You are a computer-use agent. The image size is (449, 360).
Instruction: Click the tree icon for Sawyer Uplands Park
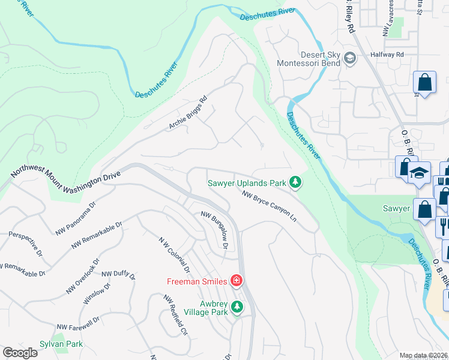[x=295, y=182]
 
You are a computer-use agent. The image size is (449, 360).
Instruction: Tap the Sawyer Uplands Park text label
[x=247, y=182]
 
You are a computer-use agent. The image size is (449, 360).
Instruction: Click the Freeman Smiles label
[x=197, y=281]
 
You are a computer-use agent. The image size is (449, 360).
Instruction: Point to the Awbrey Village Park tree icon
[x=237, y=307]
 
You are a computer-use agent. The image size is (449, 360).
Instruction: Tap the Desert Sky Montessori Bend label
[x=309, y=58]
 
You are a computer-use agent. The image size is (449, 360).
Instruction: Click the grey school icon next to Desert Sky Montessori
[x=350, y=58]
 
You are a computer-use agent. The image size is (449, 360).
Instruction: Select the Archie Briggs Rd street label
[x=187, y=112]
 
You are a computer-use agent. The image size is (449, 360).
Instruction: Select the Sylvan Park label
[x=61, y=344]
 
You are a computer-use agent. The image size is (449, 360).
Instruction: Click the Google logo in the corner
[x=20, y=353]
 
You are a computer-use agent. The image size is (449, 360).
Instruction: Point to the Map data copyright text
[x=424, y=355]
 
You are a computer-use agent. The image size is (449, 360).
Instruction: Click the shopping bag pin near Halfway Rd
[x=424, y=83]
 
